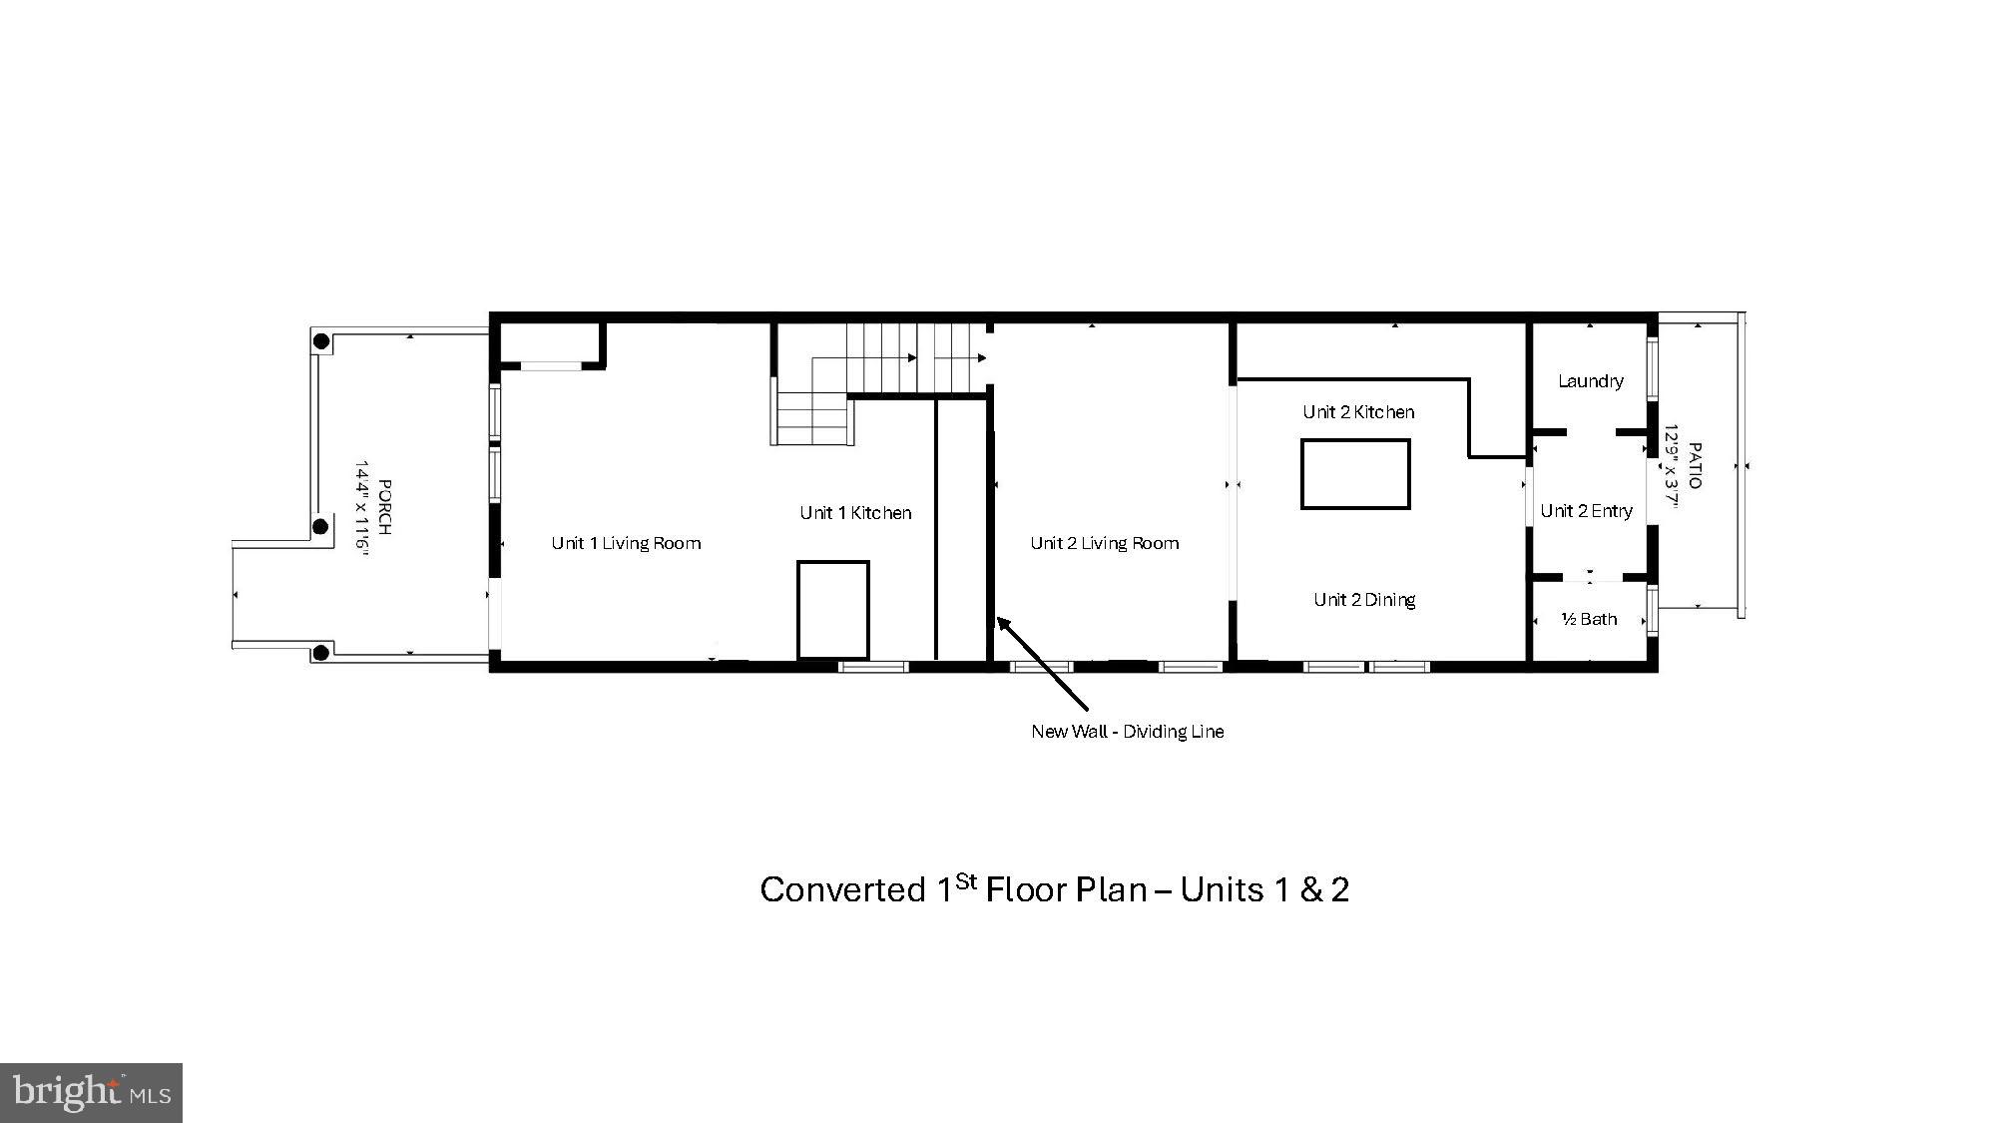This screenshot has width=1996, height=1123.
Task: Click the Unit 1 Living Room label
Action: coord(626,543)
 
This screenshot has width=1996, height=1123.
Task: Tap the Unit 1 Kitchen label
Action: coord(855,513)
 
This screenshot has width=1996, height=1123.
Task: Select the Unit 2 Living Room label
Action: coord(1104,543)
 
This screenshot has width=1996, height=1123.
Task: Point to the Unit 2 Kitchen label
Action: coord(1357,412)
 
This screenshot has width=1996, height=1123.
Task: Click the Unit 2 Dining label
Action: coord(1363,600)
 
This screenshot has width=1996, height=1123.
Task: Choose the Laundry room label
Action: coord(1590,381)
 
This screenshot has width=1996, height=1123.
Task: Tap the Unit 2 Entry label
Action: coord(1586,511)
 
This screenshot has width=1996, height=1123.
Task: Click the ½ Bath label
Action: coord(1589,620)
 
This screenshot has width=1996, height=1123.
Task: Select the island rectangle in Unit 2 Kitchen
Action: coord(1355,474)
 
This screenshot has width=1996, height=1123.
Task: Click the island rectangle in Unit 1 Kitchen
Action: coord(832,610)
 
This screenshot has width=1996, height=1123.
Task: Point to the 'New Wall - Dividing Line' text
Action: coord(1127,732)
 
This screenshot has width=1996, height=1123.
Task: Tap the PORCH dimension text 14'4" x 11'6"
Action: coord(363,509)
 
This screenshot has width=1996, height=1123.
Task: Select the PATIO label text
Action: coord(1694,466)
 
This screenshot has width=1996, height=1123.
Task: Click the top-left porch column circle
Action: coord(321,341)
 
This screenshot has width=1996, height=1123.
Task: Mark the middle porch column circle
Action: coord(321,526)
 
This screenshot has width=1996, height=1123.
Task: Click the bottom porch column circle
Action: coord(321,653)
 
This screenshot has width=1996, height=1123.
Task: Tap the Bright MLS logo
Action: coord(91,1092)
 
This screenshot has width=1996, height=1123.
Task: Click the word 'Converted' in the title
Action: coord(842,889)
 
